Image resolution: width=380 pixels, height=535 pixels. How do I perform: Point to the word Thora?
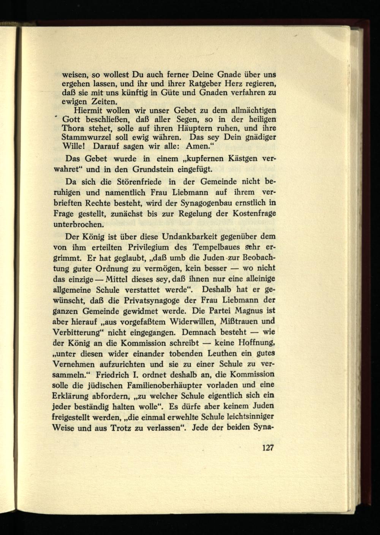pyautogui.click(x=73, y=128)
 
